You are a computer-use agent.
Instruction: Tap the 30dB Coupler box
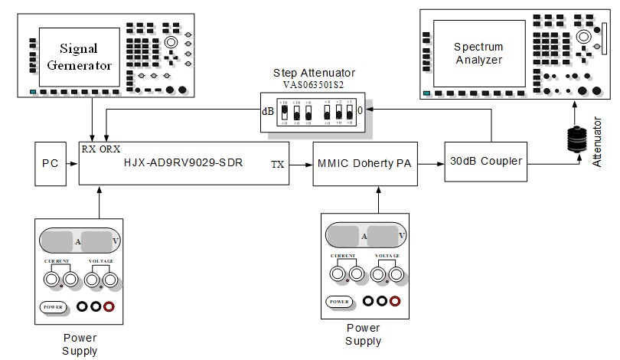(x=485, y=162)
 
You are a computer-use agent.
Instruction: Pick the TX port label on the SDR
(x=279, y=164)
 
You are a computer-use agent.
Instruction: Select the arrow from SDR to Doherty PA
(x=302, y=163)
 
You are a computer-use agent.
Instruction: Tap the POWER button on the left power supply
(x=53, y=307)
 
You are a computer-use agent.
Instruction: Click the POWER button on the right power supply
(x=338, y=301)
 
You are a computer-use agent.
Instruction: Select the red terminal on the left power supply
(x=109, y=307)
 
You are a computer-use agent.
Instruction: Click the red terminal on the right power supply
(x=394, y=301)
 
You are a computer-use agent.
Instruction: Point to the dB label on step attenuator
(x=268, y=111)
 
